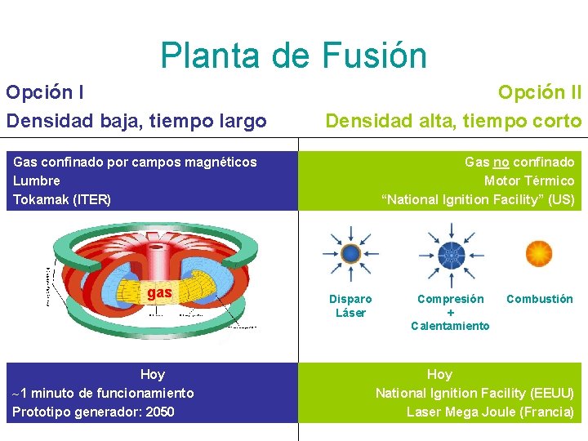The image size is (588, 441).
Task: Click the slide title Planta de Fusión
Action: [x=293, y=56]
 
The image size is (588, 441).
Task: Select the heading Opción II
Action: [x=539, y=92]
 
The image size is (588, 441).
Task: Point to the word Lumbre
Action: [x=37, y=180]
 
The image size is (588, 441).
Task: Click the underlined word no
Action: [x=503, y=162]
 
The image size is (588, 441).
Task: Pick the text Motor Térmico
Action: [x=529, y=180]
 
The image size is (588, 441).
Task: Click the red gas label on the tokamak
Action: [x=158, y=292]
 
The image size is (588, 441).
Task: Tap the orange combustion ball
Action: [x=539, y=253]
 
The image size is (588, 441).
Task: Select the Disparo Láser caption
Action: [x=350, y=305]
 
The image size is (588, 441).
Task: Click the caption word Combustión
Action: [x=539, y=299]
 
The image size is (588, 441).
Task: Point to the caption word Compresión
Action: [x=450, y=299]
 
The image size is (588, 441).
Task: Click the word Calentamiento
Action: [x=450, y=326]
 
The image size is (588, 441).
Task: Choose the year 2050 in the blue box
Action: [x=159, y=412]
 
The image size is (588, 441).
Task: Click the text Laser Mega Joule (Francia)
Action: [x=490, y=412]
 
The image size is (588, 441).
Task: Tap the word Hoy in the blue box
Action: [x=152, y=374]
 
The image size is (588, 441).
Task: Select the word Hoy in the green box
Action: [x=439, y=374]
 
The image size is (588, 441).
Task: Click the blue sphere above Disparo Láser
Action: [x=350, y=253]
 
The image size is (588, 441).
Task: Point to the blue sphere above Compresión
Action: [x=450, y=253]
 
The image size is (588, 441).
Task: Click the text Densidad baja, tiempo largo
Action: [x=136, y=122]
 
